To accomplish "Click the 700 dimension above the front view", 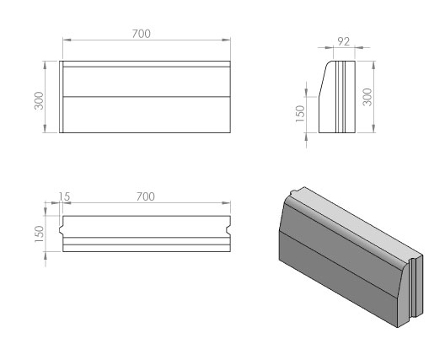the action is tap(141, 34).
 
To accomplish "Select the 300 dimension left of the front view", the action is tap(39, 100).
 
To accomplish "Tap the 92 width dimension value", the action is tap(343, 42).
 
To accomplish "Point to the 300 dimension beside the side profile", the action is tap(367, 97).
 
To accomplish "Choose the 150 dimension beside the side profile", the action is tap(300, 114).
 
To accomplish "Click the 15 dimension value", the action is tap(64, 196).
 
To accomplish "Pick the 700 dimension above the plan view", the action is tap(146, 196).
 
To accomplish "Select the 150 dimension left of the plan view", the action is tap(39, 234).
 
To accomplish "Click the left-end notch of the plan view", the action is tap(62, 230).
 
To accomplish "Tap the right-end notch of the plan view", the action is tap(228, 230).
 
